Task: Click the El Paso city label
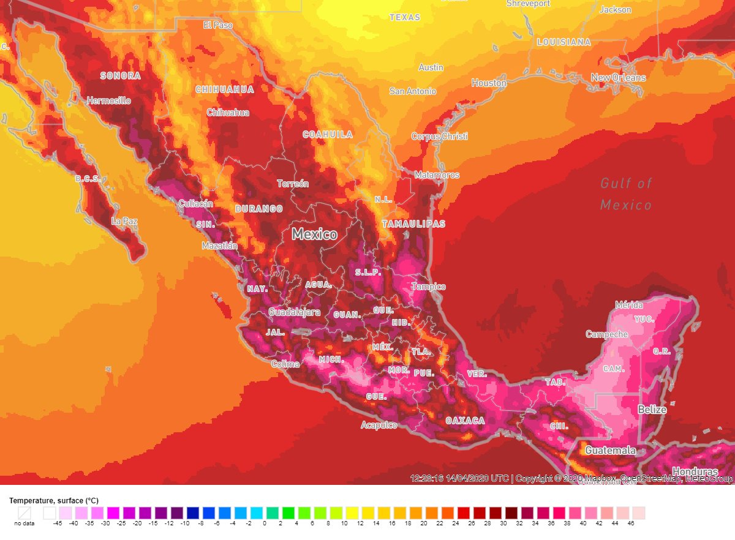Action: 218,25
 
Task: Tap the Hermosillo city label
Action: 108,100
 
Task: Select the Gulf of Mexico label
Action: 626,193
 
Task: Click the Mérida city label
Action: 629,305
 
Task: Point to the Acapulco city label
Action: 379,425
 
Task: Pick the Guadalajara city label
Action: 294,312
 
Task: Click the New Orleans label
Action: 618,78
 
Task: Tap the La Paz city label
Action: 124,220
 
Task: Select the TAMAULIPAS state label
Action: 413,224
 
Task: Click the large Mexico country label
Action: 314,234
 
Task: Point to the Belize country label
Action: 652,410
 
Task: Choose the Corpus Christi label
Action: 439,136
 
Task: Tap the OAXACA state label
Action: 465,421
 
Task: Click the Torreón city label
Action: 293,184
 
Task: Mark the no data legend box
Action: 24,512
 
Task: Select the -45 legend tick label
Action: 57,523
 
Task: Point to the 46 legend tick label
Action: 630,523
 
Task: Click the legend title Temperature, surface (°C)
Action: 53,501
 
